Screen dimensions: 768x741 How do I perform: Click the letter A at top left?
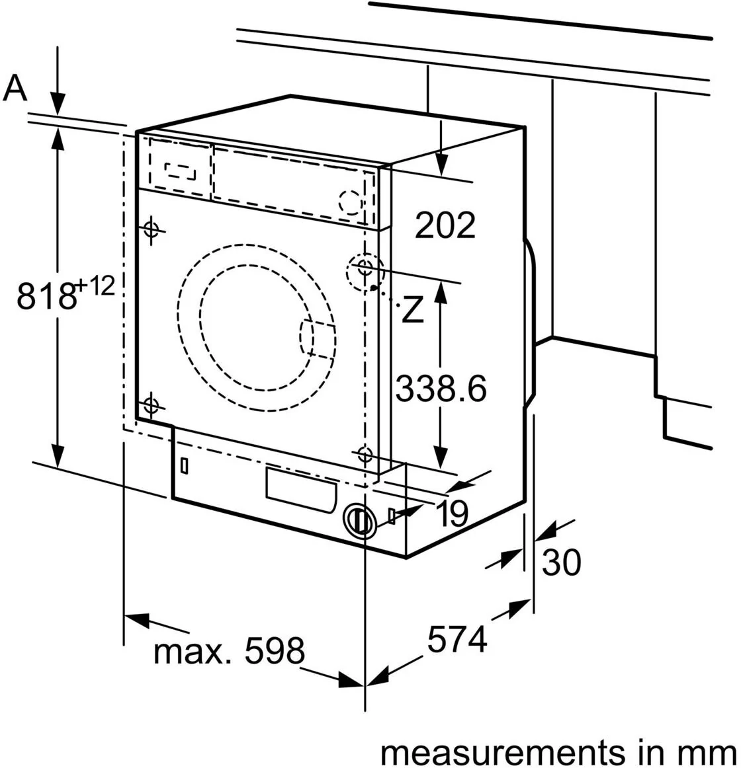click(x=16, y=88)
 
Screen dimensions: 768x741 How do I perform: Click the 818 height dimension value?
click(x=46, y=295)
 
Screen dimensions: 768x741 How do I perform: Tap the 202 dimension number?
click(x=445, y=225)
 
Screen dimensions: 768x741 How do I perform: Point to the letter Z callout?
click(x=412, y=310)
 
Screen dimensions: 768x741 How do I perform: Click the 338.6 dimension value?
click(x=441, y=389)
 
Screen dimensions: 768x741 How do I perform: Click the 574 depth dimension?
click(x=457, y=639)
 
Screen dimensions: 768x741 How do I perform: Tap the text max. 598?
click(x=229, y=652)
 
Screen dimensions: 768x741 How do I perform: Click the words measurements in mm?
click(x=557, y=752)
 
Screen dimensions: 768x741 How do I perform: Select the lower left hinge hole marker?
click(x=152, y=404)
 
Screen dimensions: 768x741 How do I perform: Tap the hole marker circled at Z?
click(x=364, y=268)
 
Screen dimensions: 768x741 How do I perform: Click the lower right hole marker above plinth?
click(x=363, y=454)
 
